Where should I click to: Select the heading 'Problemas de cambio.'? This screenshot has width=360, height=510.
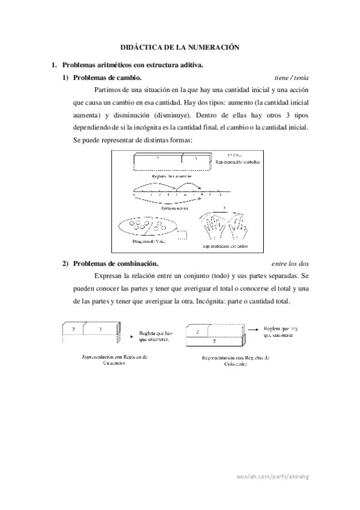tap(107, 78)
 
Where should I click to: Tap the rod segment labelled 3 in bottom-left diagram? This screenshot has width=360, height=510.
tap(105, 330)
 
